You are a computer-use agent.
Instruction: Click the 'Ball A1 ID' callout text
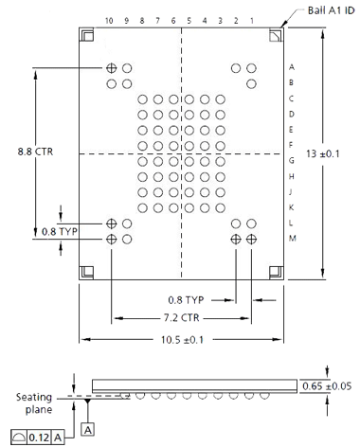coord(331,10)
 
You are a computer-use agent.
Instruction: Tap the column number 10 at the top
coord(109,21)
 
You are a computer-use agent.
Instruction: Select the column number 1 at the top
coord(252,21)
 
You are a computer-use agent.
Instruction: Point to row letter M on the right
coord(293,239)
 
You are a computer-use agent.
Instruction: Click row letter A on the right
coord(292,67)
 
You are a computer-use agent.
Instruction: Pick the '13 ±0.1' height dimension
coord(323,153)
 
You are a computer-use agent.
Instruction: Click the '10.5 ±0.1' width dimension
coord(182,340)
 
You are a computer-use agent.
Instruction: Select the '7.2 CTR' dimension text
coord(182,317)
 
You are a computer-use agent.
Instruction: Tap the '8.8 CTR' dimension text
coord(35,152)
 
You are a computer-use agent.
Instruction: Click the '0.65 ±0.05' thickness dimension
coord(327,386)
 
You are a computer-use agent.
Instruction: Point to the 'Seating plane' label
coord(34,403)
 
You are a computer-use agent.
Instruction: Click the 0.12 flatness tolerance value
coord(40,438)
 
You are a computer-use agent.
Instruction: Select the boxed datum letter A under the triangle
coord(88,430)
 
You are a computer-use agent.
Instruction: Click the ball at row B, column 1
coord(251,84)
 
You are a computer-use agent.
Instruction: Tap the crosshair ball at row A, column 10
coord(111,68)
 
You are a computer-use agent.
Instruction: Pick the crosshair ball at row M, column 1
coord(251,239)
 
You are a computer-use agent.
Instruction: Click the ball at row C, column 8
coord(142,99)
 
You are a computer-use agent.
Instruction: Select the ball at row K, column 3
coord(220,208)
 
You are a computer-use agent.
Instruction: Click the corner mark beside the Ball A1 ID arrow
coord(276,35)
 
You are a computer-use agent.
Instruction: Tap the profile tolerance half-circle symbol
coord(18,438)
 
